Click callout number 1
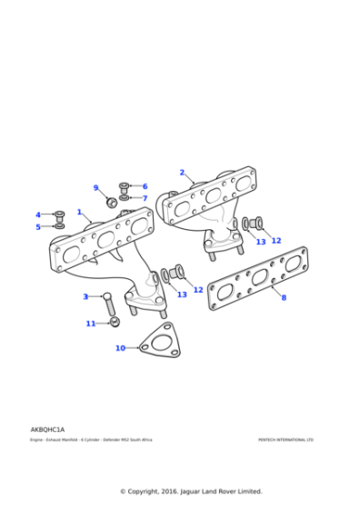[80, 213]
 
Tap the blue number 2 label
[182, 173]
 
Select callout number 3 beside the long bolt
[85, 297]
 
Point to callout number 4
[38, 215]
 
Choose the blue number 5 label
[38, 226]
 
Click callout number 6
[145, 186]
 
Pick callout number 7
[145, 198]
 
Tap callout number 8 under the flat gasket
[283, 298]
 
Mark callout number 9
[95, 188]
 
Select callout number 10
[120, 348]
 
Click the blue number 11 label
[91, 324]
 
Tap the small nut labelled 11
[114, 322]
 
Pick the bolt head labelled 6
[125, 186]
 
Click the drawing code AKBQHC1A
[47, 429]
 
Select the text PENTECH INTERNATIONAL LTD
[285, 440]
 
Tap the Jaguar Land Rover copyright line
[191, 491]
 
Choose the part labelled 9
[112, 201]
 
